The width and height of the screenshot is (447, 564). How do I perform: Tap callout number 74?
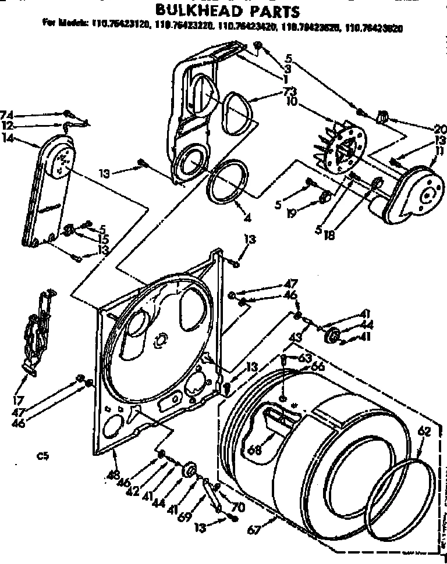(7, 114)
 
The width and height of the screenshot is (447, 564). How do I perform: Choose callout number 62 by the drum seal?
(425, 431)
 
